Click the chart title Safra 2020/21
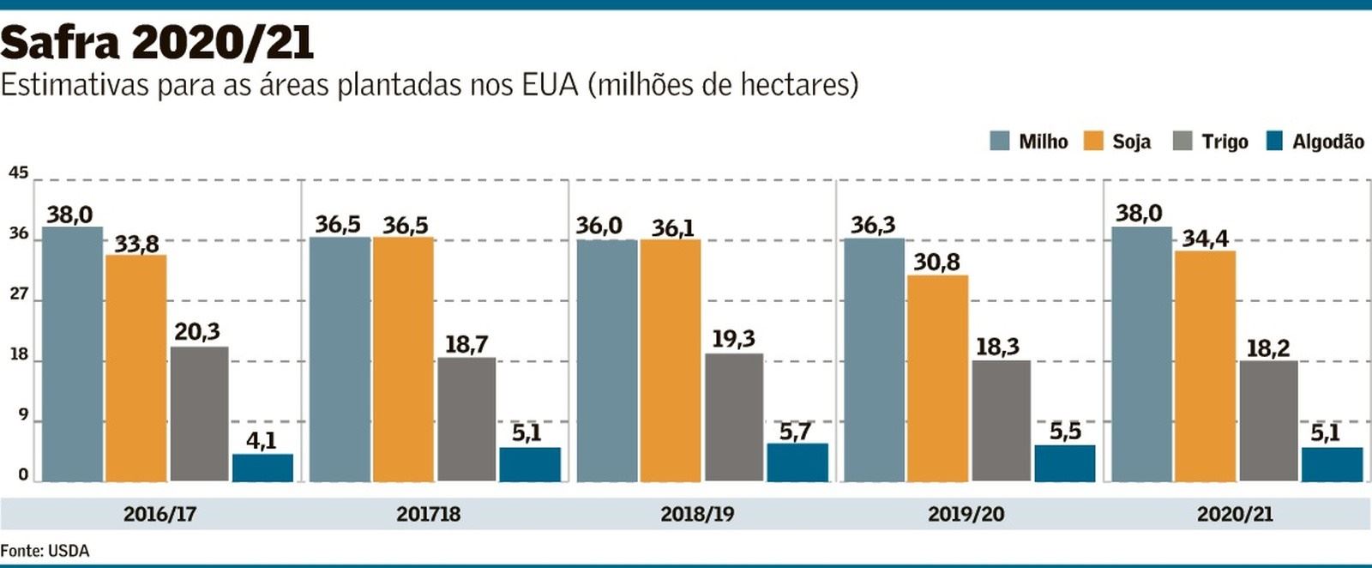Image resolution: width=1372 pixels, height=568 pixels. point(157,41)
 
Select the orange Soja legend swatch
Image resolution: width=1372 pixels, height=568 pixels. point(1093,142)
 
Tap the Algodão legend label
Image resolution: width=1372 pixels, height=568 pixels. point(1327,142)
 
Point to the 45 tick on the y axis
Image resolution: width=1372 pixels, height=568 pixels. point(18,173)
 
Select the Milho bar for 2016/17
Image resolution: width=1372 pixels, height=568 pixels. point(72,353)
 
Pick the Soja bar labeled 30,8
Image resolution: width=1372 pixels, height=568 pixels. point(937,378)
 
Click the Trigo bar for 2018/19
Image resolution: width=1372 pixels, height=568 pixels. point(734,417)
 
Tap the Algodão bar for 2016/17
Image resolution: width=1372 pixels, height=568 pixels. point(262,468)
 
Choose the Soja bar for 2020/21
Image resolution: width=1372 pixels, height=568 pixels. point(1205,366)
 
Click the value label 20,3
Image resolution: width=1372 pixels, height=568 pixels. point(197,332)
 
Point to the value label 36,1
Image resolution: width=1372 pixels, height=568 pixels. point(672,228)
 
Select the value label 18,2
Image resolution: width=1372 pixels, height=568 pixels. point(1267,348)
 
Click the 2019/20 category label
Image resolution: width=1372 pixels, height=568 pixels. point(966,515)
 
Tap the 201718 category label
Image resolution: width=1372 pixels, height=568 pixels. point(428,515)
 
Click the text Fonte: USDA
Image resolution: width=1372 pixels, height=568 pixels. point(45,551)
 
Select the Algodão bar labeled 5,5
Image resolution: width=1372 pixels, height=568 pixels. point(1064,463)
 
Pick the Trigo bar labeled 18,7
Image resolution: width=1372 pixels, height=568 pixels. point(466,419)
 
